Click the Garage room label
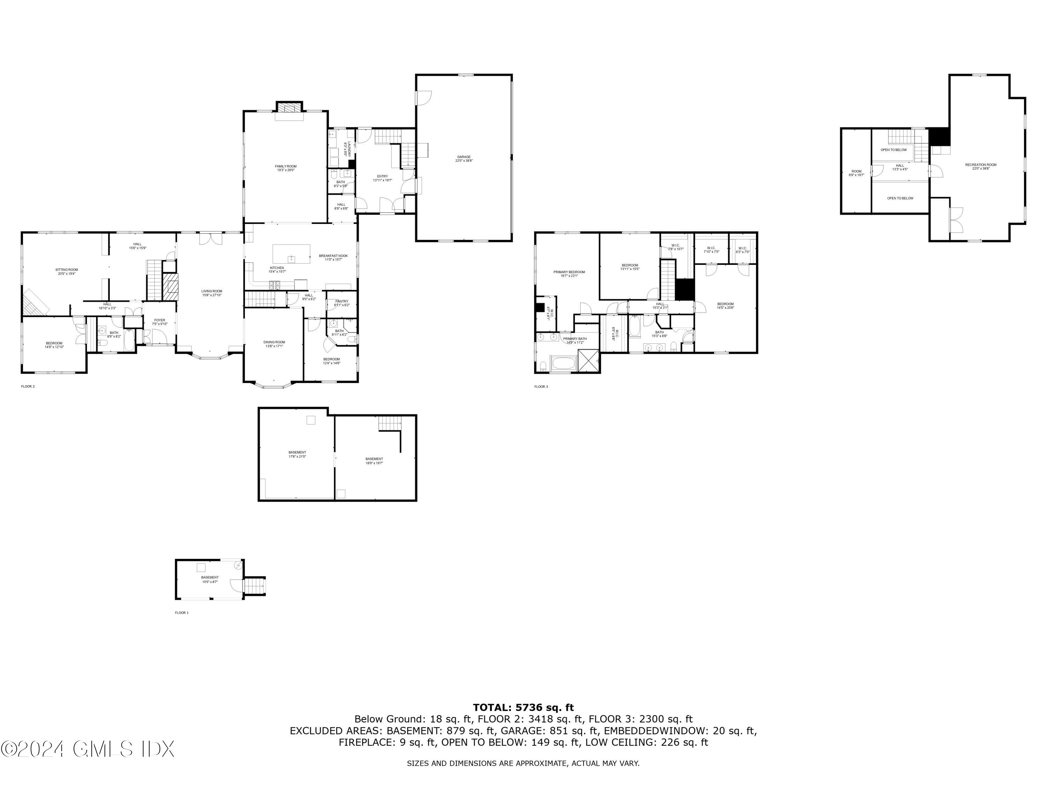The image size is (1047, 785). (463, 158)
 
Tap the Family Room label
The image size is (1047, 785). (285, 168)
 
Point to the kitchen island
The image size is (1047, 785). (291, 254)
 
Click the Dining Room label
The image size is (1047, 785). (274, 344)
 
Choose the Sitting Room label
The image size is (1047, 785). (66, 271)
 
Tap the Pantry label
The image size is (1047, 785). (341, 303)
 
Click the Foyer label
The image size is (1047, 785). (159, 322)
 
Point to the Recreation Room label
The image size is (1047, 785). (981, 166)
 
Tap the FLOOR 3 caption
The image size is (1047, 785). (541, 387)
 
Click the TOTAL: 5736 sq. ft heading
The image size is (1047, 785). (523, 708)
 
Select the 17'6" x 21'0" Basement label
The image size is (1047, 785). (297, 454)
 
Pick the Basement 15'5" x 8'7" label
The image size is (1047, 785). (210, 579)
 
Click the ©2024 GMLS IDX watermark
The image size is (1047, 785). (88, 749)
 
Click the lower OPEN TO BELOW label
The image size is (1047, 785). (900, 198)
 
